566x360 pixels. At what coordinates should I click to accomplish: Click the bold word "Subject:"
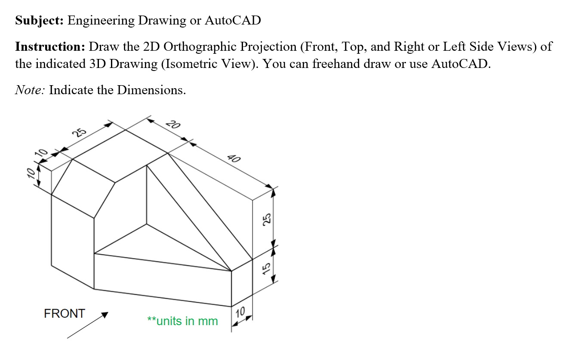pyautogui.click(x=40, y=21)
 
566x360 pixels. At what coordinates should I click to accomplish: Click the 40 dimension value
pyautogui.click(x=234, y=158)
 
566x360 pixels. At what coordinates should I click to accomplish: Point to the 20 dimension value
pyautogui.click(x=173, y=125)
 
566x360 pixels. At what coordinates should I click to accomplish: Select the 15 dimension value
pyautogui.click(x=266, y=268)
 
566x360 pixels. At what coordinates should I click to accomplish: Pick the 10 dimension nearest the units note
pyautogui.click(x=240, y=311)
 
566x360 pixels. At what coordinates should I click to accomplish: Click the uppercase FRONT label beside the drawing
pyautogui.click(x=65, y=314)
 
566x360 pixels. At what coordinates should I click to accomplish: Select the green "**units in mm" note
pyautogui.click(x=182, y=321)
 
